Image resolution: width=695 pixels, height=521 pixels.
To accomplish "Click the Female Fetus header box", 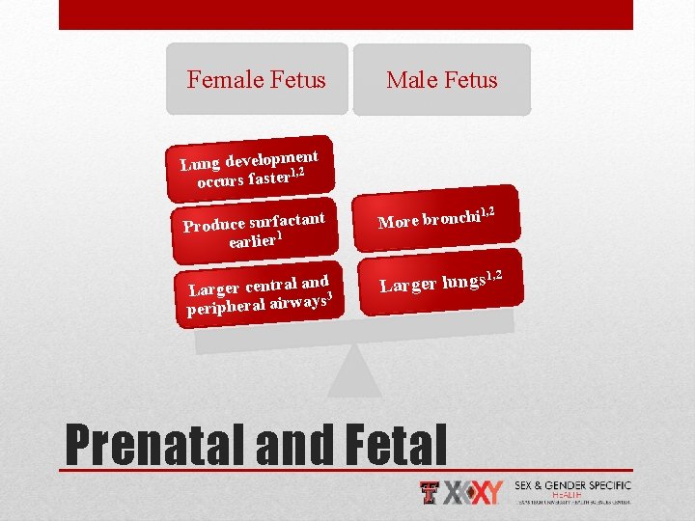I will [x=256, y=79].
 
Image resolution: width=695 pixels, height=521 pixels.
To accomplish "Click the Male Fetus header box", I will [x=442, y=79].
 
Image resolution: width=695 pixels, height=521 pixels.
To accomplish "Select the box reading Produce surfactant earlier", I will [x=254, y=228].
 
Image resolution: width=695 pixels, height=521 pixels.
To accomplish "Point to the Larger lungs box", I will [x=440, y=281].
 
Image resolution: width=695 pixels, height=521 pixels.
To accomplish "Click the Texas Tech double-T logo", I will [x=431, y=492].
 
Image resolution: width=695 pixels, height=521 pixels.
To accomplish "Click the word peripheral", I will [x=227, y=310].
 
